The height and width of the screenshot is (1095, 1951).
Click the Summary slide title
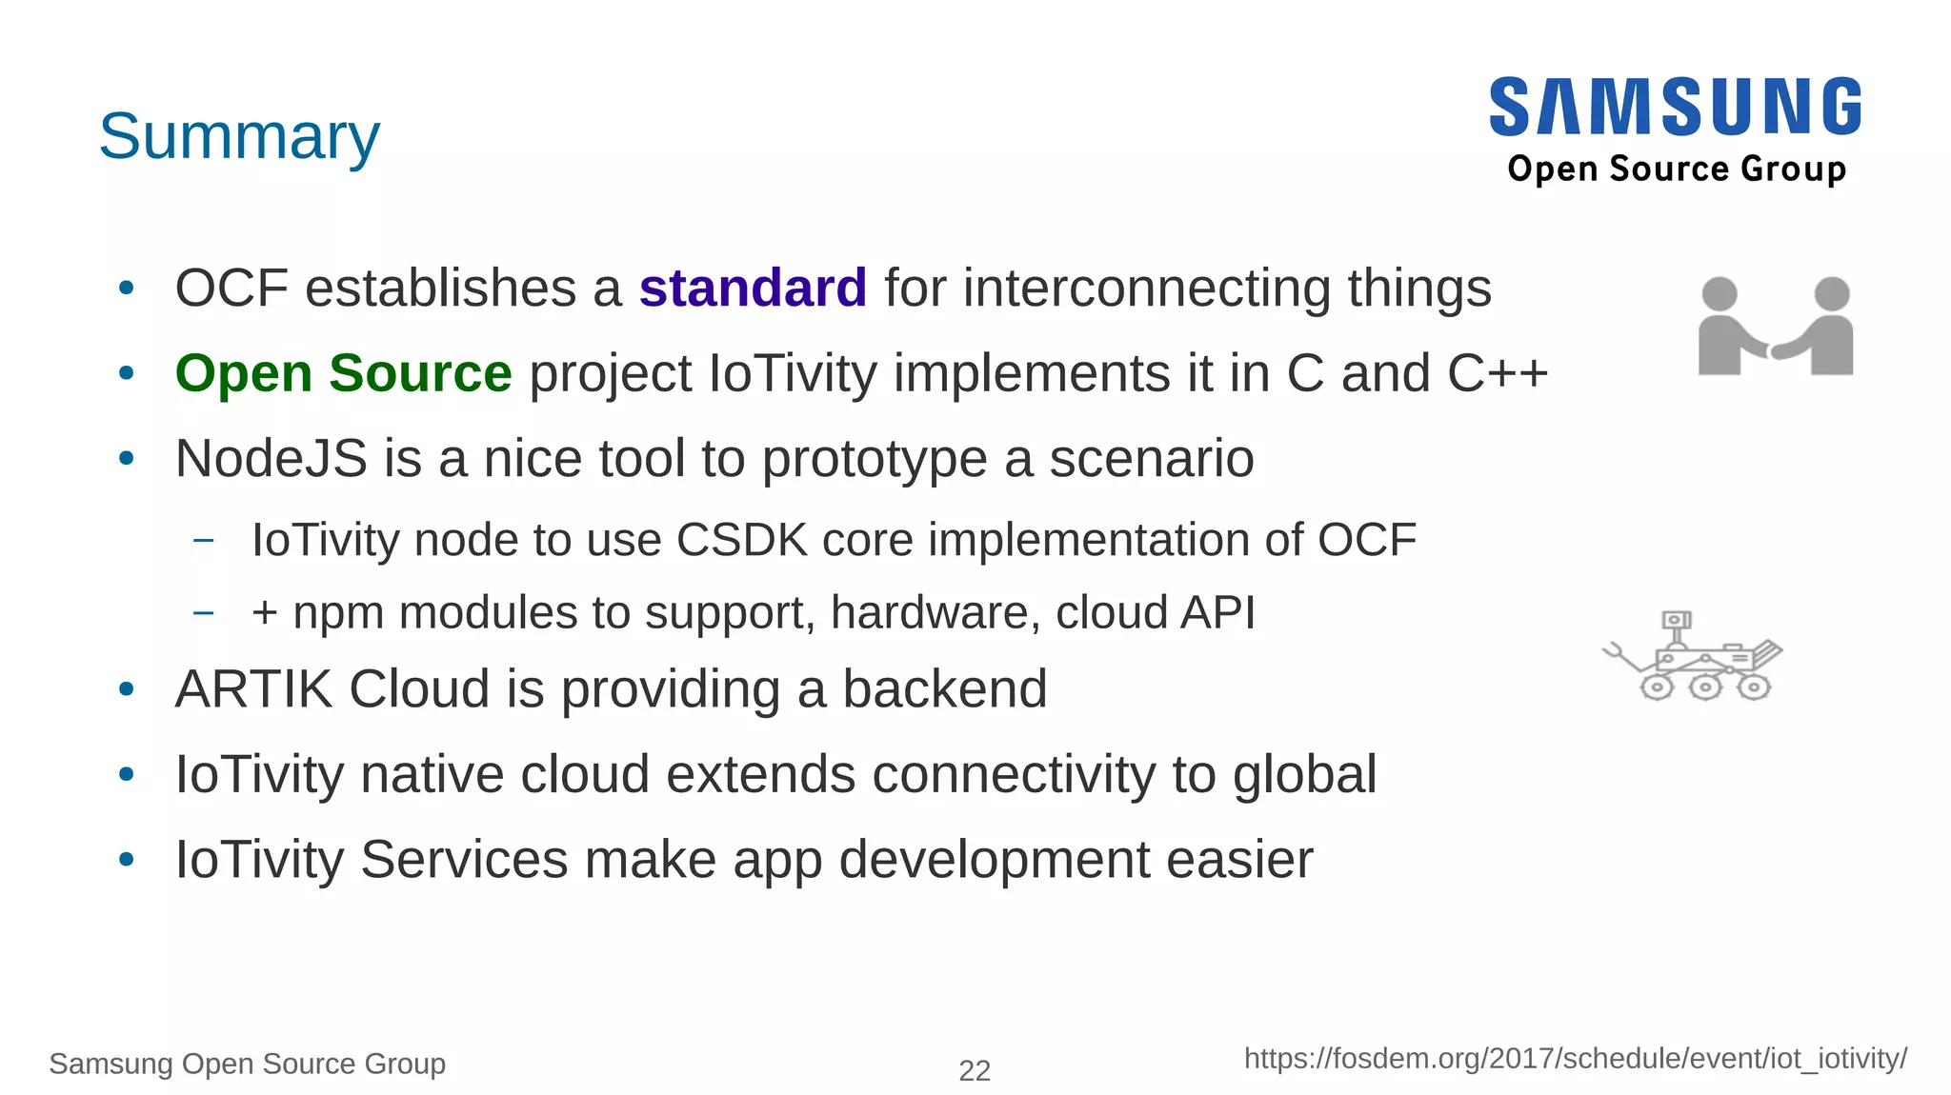pos(239,137)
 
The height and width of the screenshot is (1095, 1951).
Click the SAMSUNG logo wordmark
pos(1675,108)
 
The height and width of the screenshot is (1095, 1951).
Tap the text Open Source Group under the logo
pos(1677,169)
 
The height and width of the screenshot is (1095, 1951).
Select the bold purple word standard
pos(753,289)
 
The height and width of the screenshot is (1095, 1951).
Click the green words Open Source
pos(344,373)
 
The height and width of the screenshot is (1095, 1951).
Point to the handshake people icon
pos(1776,328)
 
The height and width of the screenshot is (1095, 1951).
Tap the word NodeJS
pos(272,459)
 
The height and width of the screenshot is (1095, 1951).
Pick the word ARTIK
pos(254,689)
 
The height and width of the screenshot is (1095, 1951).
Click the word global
pos(1304,775)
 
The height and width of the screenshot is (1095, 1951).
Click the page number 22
pos(975,1071)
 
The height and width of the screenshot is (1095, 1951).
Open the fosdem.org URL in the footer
pos(1575,1059)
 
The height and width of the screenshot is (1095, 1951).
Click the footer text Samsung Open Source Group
pos(248,1064)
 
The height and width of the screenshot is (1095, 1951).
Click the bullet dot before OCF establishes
pos(127,289)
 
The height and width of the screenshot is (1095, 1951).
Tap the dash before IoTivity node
pos(203,541)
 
